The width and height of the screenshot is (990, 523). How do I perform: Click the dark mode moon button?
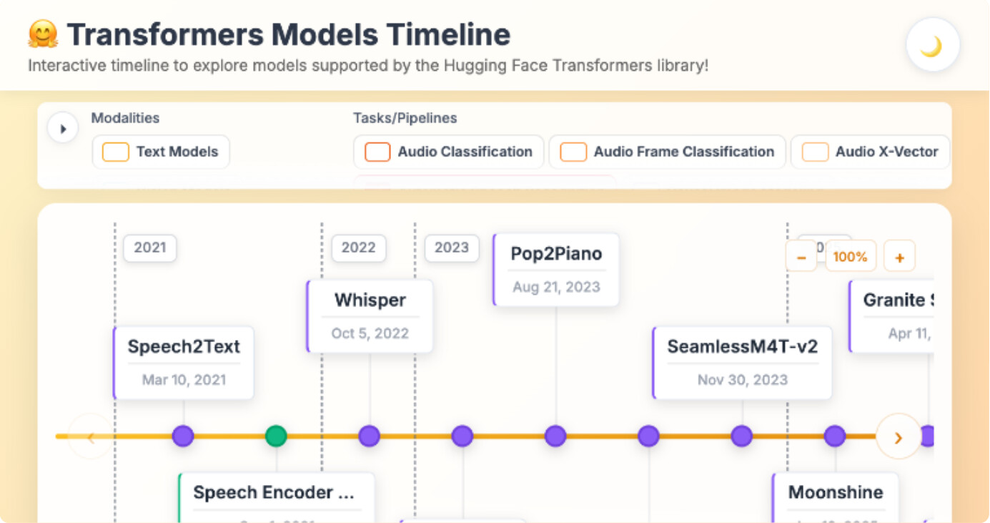(932, 45)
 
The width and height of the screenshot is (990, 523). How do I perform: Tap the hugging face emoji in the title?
(42, 34)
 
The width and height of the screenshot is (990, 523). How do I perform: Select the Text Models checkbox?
(116, 152)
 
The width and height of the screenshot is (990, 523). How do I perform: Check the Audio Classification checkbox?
(377, 152)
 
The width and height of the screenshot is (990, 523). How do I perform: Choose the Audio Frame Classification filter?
(573, 152)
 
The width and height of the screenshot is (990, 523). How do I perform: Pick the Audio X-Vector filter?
(815, 152)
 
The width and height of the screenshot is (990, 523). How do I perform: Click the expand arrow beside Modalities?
(63, 129)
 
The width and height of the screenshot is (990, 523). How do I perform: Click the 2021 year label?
(150, 248)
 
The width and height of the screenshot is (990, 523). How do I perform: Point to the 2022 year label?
(358, 248)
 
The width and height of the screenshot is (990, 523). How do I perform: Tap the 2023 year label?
(452, 248)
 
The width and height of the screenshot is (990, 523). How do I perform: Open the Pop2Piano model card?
(556, 269)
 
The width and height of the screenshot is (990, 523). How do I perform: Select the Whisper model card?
(370, 316)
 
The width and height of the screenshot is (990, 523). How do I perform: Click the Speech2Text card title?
(184, 347)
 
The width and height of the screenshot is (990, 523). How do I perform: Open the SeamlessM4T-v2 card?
(742, 362)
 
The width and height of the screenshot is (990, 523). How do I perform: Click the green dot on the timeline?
(276, 436)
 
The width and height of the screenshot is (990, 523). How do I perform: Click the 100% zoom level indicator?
(850, 256)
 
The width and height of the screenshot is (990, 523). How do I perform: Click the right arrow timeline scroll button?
(899, 436)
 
